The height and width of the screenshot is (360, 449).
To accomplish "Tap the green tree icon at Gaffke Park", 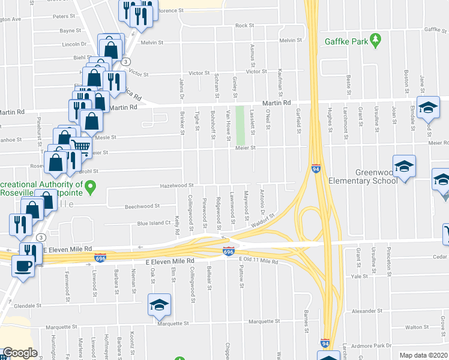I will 376,41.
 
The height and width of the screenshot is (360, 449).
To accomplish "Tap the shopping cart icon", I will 81,146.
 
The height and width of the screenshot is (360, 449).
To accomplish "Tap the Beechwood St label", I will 142,206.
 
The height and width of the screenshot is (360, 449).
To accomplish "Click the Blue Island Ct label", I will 154,223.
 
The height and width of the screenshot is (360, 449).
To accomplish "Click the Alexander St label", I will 364,311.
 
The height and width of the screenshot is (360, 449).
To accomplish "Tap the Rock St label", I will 244,26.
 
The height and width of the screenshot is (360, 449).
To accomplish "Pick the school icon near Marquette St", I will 159,305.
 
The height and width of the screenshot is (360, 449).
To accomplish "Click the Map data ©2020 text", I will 423,355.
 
